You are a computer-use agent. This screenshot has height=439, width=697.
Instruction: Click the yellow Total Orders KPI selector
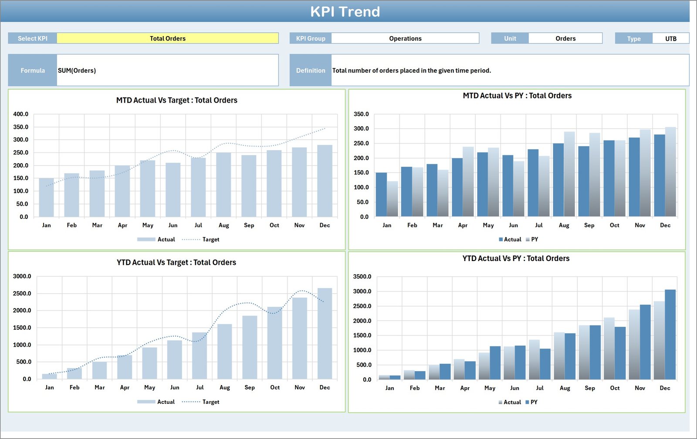tap(168, 38)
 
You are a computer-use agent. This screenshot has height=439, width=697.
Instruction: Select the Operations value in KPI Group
tap(405, 38)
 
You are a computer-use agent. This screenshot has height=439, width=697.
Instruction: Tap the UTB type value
tap(670, 38)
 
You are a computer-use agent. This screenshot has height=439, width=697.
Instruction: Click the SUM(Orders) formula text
tap(77, 70)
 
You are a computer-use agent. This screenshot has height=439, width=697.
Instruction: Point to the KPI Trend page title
tap(345, 12)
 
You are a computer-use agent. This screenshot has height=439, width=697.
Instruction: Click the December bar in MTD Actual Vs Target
tap(325, 181)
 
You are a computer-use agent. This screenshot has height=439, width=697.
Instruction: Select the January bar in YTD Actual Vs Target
tap(49, 376)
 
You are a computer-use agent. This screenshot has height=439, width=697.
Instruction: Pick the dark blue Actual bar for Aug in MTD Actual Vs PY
tap(558, 180)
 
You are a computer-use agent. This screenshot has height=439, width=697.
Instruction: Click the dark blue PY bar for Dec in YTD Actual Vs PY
tap(670, 334)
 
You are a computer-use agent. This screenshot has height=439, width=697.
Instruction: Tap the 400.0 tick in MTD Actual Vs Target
tap(20, 114)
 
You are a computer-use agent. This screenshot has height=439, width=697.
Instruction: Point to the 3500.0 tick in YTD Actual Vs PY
tap(362, 277)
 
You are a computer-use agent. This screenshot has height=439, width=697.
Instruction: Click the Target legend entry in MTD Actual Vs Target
tap(211, 239)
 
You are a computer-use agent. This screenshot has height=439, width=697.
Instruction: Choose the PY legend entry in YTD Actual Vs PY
tap(534, 402)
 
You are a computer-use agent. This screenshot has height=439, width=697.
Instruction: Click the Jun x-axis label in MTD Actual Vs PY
tap(513, 225)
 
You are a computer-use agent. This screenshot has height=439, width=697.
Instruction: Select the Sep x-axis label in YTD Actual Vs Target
tap(250, 388)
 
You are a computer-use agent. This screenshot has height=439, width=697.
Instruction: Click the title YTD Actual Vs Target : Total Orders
tap(176, 262)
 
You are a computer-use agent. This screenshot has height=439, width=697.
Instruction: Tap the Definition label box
tap(311, 70)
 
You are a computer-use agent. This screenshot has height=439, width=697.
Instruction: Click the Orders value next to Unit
tap(565, 38)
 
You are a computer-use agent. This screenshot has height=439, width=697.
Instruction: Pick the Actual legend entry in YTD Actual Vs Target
tap(166, 402)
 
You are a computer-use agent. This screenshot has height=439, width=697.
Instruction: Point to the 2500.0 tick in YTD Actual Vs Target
tap(22, 294)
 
